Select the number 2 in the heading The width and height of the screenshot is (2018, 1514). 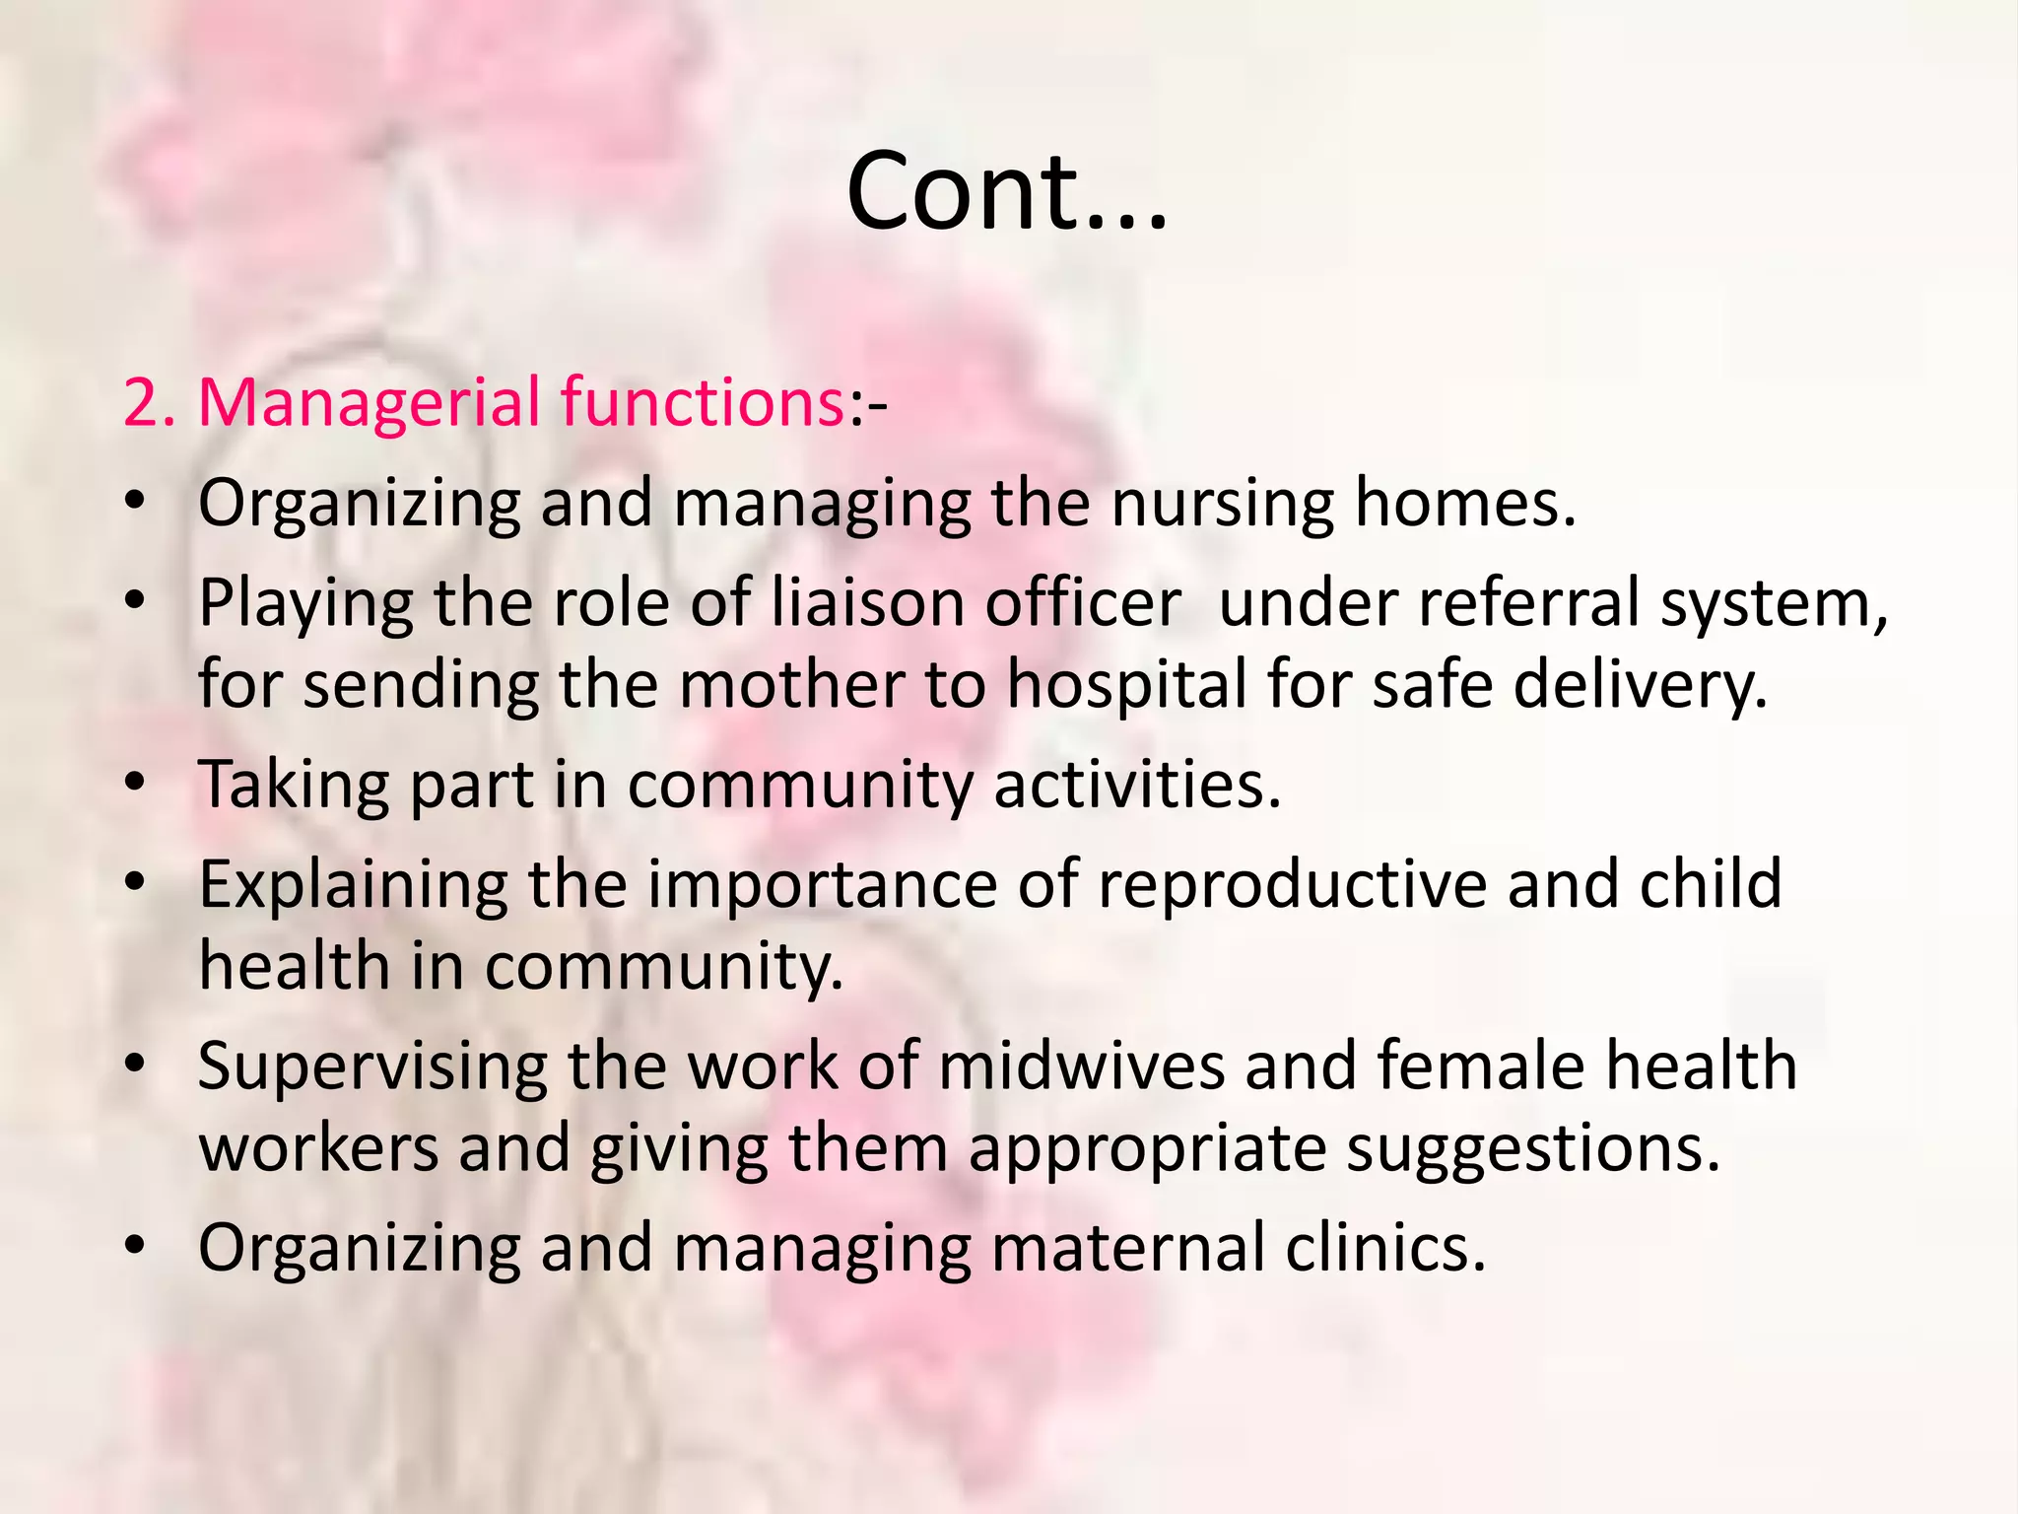(143, 404)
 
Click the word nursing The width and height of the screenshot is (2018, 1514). (1222, 504)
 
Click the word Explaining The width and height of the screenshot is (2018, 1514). (354, 886)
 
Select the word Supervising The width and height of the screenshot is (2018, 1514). (372, 1067)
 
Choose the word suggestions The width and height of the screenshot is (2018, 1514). (1533, 1150)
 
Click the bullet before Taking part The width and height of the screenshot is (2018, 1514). (136, 785)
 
